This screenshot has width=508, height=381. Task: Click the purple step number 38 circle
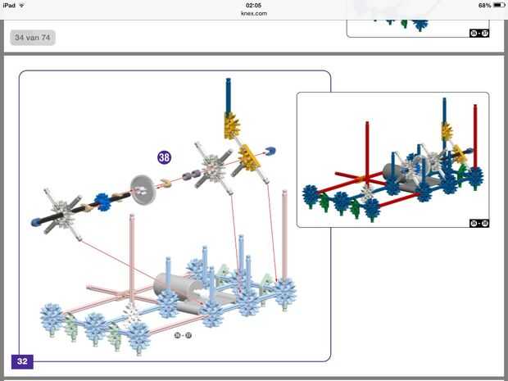click(165, 156)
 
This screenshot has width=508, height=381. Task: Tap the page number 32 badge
click(22, 361)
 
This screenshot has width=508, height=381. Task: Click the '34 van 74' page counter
click(33, 37)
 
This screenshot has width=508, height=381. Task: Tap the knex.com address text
click(254, 13)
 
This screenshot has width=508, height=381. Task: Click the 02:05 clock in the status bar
click(254, 5)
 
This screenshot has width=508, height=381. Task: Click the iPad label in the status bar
click(10, 5)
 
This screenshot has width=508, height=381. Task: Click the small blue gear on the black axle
click(103, 202)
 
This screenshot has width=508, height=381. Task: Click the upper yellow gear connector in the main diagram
click(230, 125)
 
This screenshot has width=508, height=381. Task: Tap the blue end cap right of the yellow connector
click(270, 150)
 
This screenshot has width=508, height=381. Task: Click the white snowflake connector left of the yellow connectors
click(211, 163)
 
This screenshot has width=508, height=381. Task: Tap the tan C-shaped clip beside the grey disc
click(165, 182)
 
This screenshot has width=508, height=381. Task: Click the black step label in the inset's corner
click(479, 223)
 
